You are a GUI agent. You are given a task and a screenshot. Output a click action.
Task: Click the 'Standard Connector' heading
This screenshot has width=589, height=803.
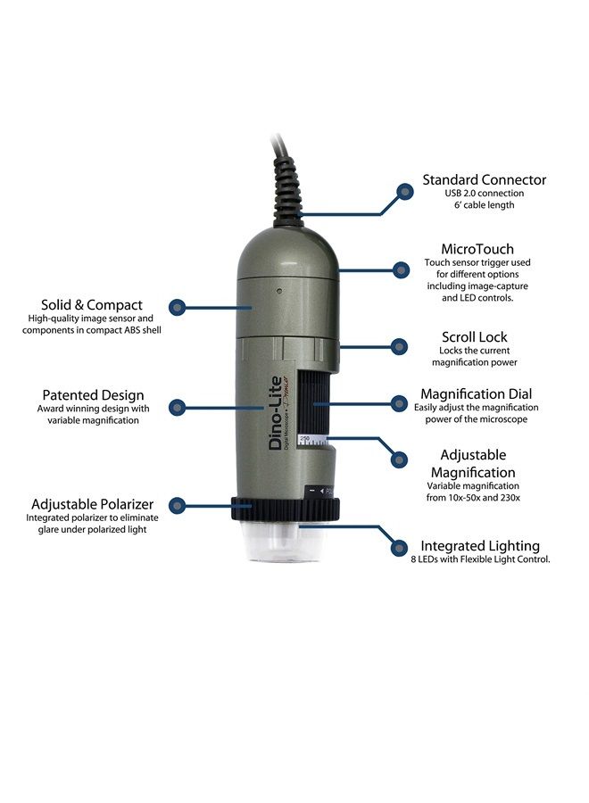click(x=484, y=179)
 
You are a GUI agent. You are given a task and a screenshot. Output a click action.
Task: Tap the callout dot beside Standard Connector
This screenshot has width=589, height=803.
click(x=405, y=192)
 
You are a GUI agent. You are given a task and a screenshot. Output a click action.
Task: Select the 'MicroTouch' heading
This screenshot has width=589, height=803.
click(x=477, y=249)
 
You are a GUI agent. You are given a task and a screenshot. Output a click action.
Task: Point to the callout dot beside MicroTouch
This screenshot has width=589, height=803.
click(x=401, y=269)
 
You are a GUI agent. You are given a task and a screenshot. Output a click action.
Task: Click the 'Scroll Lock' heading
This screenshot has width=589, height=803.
click(x=474, y=337)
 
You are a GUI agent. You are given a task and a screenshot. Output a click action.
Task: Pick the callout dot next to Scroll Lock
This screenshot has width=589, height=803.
click(x=399, y=346)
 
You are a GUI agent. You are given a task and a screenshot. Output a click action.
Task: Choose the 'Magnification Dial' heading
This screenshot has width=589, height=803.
click(x=476, y=394)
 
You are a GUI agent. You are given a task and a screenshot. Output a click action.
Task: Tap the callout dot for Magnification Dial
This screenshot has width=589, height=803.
click(x=399, y=403)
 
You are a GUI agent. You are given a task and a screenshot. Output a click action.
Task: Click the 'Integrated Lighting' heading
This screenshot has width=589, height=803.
click(x=480, y=546)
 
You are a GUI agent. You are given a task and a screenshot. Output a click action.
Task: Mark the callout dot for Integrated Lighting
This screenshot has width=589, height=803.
click(x=399, y=548)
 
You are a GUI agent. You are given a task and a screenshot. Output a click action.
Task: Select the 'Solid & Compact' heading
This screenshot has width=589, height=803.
click(x=92, y=305)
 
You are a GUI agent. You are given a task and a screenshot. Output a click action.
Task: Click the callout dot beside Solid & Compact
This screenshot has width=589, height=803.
click(x=178, y=308)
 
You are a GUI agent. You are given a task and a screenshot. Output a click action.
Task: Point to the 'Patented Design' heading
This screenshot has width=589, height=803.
click(x=93, y=395)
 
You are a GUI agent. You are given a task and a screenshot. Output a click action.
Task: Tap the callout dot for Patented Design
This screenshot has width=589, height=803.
click(x=178, y=408)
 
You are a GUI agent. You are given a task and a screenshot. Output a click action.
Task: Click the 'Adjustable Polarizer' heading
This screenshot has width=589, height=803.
click(x=92, y=504)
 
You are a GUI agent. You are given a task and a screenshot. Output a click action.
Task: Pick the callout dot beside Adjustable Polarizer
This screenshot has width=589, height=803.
click(x=178, y=506)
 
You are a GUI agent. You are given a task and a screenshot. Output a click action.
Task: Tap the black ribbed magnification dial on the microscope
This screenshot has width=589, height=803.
click(x=313, y=403)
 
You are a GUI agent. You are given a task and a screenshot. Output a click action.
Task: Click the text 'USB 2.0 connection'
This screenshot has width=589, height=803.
click(x=484, y=193)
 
